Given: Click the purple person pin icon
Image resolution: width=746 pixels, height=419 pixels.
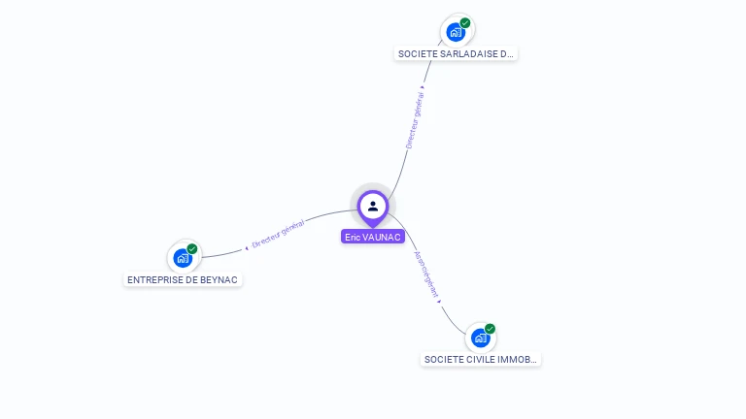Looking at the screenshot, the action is (373, 207).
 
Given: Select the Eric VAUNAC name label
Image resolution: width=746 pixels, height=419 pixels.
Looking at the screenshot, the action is (373, 237).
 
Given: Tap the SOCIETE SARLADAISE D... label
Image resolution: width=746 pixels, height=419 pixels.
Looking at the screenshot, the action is (456, 54).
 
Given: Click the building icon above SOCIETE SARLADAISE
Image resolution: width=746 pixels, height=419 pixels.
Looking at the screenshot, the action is (455, 32).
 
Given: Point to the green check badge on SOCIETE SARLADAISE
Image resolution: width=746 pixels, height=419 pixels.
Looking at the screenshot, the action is (465, 22).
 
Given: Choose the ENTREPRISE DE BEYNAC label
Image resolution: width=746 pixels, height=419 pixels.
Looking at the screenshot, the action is (183, 279).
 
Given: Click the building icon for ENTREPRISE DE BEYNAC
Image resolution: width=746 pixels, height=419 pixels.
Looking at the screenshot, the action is (182, 258).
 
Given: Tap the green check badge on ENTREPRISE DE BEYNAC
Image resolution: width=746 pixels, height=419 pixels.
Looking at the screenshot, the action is (192, 249).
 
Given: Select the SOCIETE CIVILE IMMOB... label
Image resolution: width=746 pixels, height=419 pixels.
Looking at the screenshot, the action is (480, 359).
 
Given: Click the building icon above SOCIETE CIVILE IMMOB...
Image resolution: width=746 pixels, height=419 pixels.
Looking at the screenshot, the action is (480, 338).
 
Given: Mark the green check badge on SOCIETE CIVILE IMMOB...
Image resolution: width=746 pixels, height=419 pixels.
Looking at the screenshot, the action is (491, 328).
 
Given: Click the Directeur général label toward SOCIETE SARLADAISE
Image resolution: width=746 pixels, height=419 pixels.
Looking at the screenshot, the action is (415, 119).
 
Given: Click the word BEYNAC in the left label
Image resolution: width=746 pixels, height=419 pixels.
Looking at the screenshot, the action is (219, 279).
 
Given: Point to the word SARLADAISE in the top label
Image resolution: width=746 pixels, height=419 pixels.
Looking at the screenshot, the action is (468, 54).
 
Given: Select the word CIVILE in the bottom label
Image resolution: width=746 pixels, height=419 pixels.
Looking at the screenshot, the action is (481, 359).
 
